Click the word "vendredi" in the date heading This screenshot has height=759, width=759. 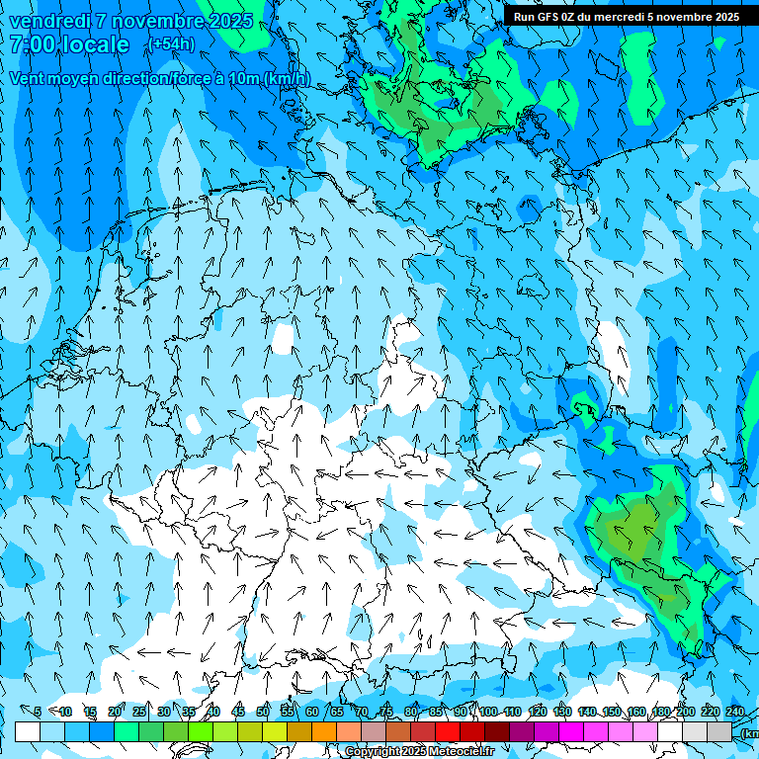click(49, 21)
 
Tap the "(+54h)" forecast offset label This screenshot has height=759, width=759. click(171, 44)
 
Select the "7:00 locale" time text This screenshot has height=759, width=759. click(69, 44)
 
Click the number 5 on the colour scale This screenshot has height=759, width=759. click(38, 713)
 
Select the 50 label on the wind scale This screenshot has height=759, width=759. click(263, 713)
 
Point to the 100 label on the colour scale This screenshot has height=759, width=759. click(487, 713)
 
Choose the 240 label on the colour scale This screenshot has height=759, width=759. click(735, 713)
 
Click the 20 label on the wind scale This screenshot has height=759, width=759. click(115, 713)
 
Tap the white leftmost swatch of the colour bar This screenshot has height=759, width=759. click(28, 731)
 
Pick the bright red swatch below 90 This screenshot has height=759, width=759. click(448, 731)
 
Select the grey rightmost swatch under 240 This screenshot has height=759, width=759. click(719, 731)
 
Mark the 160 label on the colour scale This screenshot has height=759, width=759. click(635, 713)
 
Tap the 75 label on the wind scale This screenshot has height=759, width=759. click(386, 713)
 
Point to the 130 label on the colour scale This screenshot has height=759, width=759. click(561, 713)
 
